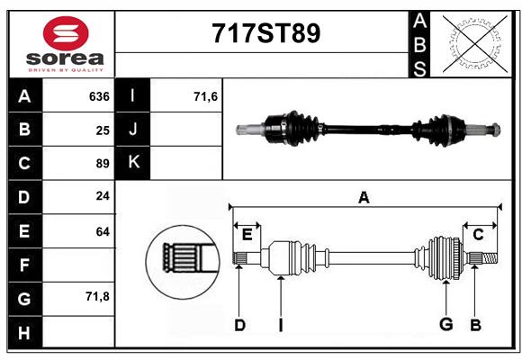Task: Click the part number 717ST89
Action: tap(265, 34)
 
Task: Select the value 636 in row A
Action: tap(99, 96)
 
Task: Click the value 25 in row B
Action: tap(103, 130)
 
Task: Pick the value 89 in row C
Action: tap(103, 164)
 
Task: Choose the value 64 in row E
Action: tap(103, 231)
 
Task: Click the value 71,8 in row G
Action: tap(97, 296)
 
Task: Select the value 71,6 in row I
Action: tap(206, 96)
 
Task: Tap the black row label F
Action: tap(24, 265)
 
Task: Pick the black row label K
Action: tap(133, 163)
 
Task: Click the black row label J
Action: tap(133, 130)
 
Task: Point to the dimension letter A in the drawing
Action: tap(364, 197)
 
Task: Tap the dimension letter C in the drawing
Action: tap(479, 234)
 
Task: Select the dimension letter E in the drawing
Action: tap(247, 234)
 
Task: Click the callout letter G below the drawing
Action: tap(445, 325)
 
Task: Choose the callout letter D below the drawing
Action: tap(239, 325)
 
